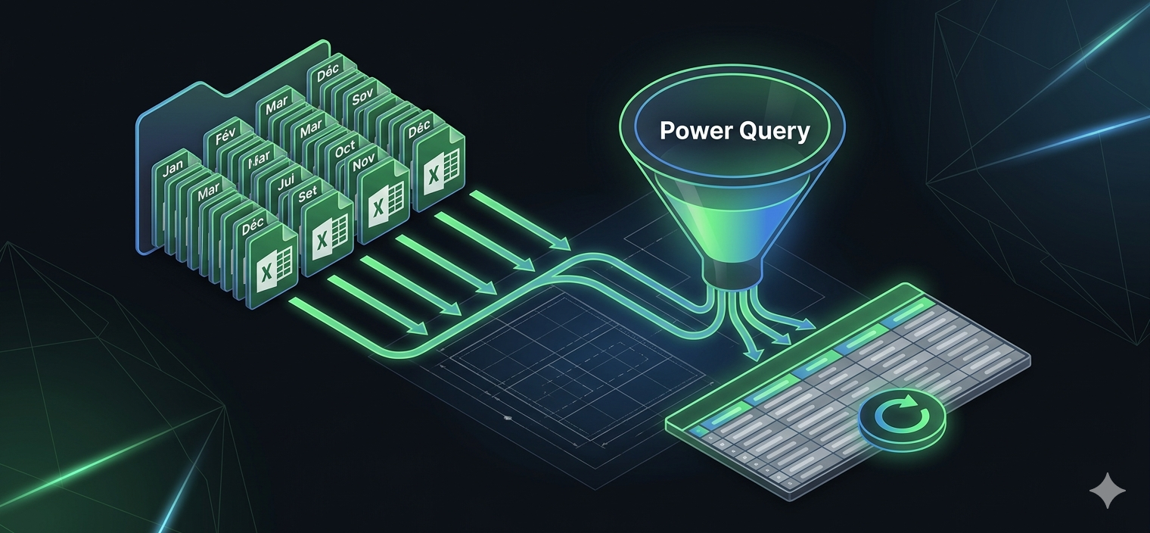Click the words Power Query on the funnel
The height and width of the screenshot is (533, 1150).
(735, 130)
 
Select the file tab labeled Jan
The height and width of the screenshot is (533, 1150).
(172, 168)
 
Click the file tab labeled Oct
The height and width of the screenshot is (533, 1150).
(344, 148)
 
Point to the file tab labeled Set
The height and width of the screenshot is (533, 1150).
(308, 194)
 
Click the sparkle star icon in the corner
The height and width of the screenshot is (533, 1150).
(1107, 491)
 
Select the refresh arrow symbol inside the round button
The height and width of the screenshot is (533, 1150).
(900, 414)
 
